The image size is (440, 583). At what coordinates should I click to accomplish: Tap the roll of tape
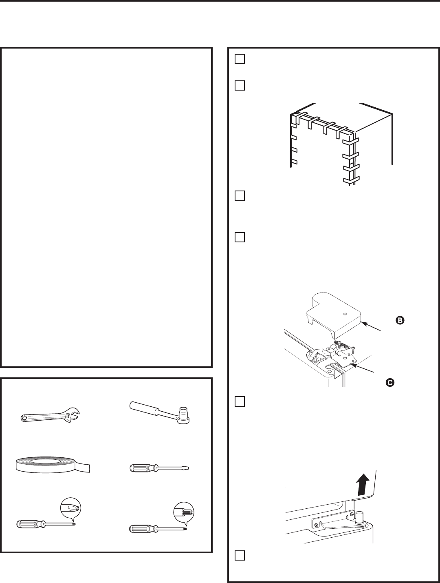tap(49, 466)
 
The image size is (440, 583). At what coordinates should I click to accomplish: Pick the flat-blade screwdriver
tap(161, 468)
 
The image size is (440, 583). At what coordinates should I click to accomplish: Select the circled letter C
tap(390, 382)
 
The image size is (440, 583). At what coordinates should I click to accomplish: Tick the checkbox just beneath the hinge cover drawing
tap(239, 402)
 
